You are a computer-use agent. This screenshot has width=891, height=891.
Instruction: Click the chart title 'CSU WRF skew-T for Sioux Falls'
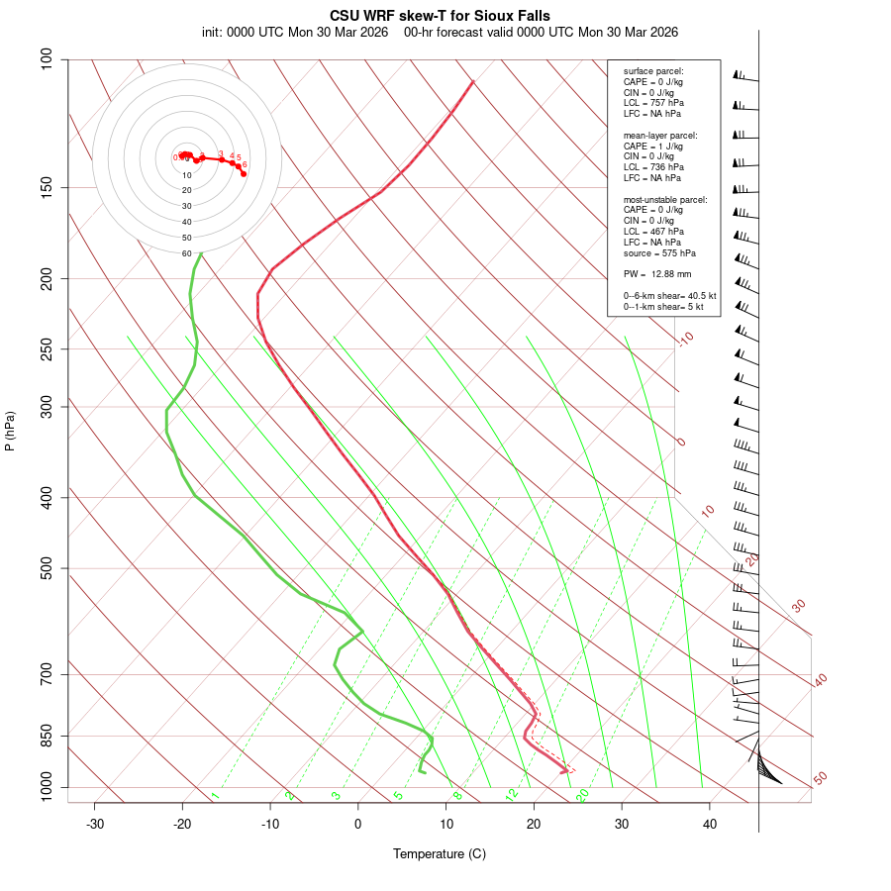pos(440,16)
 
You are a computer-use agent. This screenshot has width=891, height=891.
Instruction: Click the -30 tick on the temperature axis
pos(95,824)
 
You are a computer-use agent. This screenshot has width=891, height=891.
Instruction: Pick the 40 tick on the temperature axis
pos(710,824)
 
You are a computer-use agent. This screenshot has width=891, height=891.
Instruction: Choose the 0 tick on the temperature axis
pos(358,824)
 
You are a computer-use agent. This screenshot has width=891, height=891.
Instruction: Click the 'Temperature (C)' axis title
pos(440,853)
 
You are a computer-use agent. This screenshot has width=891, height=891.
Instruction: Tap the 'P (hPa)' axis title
pos(10,431)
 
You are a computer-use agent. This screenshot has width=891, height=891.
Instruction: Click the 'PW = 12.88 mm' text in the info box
pos(657,273)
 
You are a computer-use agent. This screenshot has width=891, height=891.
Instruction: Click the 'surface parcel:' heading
pos(653,71)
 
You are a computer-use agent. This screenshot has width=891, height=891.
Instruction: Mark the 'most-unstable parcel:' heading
pos(665,199)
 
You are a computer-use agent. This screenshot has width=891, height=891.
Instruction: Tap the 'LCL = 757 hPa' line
pos(653,103)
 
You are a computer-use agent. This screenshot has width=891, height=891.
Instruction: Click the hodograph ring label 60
pos(186,253)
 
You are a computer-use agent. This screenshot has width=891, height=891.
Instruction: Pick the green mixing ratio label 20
pos(582,794)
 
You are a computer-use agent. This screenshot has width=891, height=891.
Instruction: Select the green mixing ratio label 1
pos(215,795)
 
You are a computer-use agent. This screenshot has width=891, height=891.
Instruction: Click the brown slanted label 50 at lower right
pos(820,779)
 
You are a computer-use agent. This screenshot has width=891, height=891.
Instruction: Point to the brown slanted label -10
pos(685,339)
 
